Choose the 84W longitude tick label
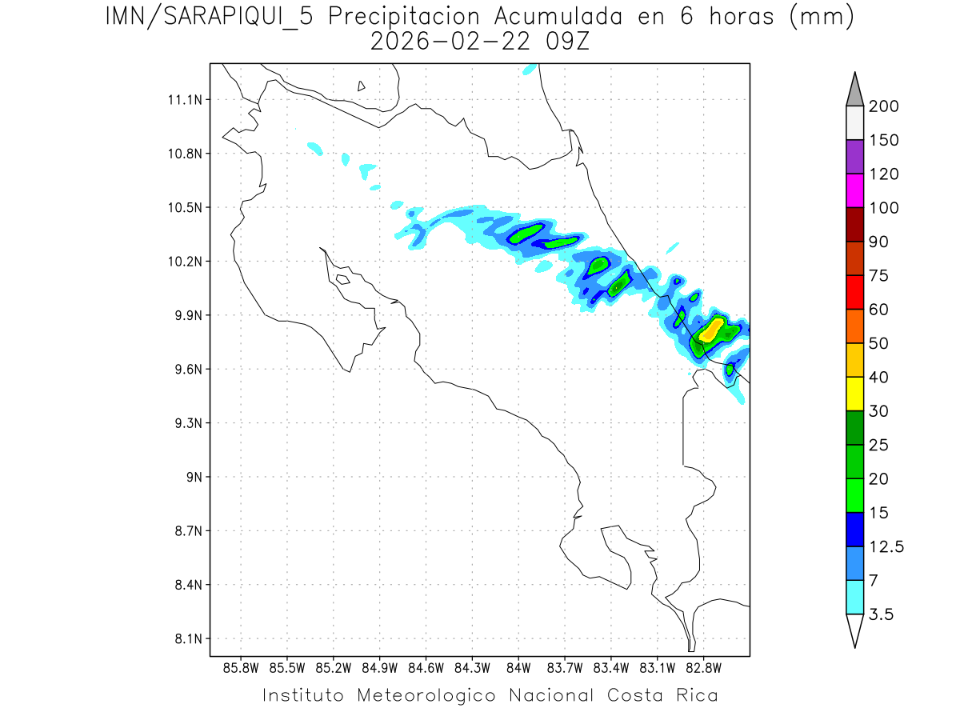click(518, 666)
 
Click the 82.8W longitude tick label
click(703, 666)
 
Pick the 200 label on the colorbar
click(883, 106)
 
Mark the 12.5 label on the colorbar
click(886, 546)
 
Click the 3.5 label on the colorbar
click(881, 614)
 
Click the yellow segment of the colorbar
click(854, 394)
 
